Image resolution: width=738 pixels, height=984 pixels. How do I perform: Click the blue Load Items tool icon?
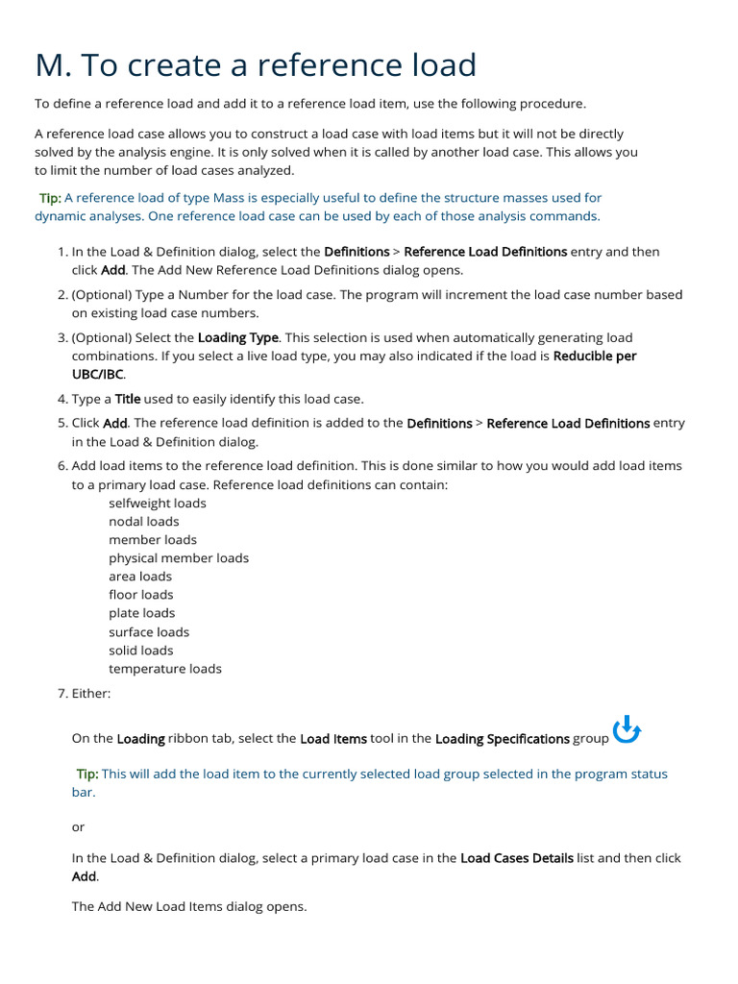pos(627,730)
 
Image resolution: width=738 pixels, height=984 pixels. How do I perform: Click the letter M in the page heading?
pos(52,65)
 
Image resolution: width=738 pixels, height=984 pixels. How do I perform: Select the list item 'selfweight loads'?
pos(157,503)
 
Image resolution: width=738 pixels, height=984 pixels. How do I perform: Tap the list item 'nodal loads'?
pos(143,521)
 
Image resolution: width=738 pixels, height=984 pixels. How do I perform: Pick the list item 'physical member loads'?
pos(178,557)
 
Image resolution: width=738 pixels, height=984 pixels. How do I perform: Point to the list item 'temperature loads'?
pos(164,668)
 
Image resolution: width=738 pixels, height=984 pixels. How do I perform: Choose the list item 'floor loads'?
pos(140,594)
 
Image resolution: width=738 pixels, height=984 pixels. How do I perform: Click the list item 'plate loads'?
pos(141,612)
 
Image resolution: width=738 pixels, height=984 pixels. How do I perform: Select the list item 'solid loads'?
pos(140,650)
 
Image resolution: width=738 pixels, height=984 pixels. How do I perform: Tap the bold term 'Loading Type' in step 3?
pos(238,337)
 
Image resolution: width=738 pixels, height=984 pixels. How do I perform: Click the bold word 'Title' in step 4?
pos(127,399)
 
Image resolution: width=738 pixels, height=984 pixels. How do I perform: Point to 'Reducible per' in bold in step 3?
pos(595,356)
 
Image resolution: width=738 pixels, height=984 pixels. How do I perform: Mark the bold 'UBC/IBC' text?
pos(98,374)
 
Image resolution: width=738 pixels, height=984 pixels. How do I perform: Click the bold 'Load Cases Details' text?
pos(516,858)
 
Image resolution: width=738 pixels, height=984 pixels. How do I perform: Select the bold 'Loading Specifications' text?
pos(502,739)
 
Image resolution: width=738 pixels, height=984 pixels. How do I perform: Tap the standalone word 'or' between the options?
pos(78,826)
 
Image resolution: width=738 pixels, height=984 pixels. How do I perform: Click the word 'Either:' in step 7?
pos(91,693)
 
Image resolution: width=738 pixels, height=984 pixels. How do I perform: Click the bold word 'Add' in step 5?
pos(115,423)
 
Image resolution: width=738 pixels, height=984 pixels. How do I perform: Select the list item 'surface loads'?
pos(149,631)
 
